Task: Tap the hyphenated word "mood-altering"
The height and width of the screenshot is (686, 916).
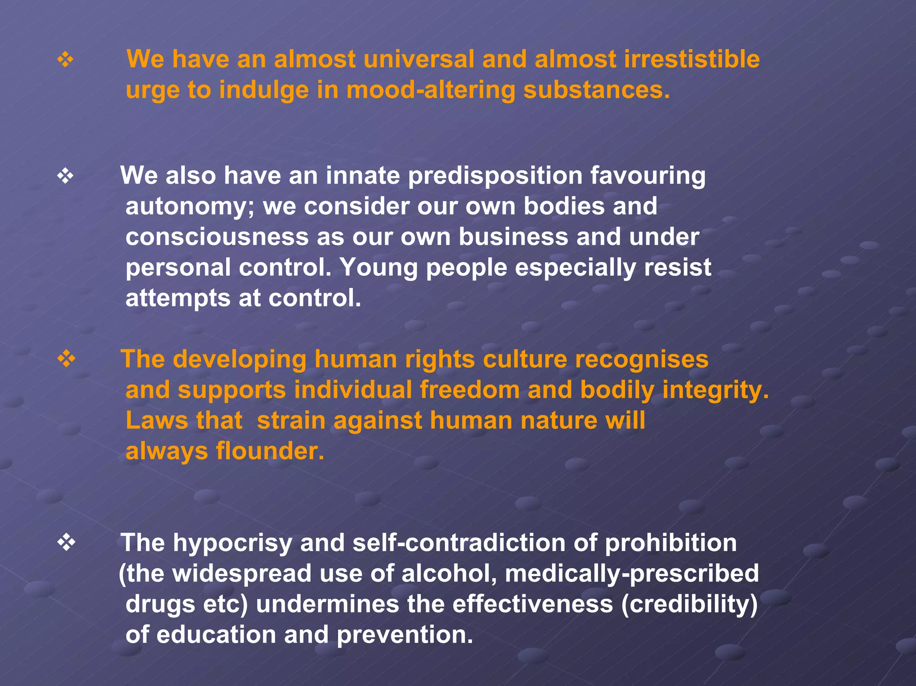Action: point(430,90)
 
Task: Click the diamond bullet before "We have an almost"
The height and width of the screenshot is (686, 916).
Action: point(65,59)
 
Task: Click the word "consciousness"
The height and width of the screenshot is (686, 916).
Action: point(217,237)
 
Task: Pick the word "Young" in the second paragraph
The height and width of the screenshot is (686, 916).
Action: point(378,267)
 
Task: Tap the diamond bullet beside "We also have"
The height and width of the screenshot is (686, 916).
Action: point(65,176)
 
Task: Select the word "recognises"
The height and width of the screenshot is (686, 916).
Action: point(641,359)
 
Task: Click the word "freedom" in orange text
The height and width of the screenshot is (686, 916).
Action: point(470,390)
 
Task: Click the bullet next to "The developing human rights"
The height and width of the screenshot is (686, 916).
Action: point(66,359)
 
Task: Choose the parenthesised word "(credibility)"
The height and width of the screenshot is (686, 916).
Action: point(689,604)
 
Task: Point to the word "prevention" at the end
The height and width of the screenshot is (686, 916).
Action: point(404,635)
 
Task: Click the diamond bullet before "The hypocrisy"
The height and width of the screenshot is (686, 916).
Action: point(66,543)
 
